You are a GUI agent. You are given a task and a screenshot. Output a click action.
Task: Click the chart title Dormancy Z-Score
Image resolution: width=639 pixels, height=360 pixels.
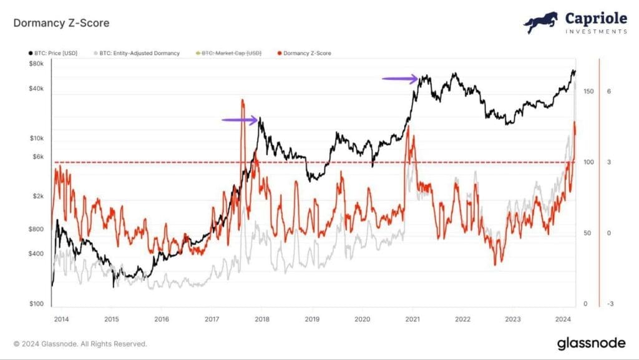click(x=61, y=24)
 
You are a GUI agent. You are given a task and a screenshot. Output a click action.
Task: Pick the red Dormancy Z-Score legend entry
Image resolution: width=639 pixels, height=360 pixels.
click(x=306, y=54)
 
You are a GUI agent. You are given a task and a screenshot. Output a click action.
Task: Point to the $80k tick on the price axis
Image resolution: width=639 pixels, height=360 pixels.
click(x=36, y=64)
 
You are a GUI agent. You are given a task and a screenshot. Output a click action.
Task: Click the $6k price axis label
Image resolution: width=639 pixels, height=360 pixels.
click(x=37, y=157)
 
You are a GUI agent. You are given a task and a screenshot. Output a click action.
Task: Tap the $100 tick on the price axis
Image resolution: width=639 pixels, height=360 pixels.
click(x=36, y=304)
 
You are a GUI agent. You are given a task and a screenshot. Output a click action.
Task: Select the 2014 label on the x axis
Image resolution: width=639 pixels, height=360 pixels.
click(x=61, y=318)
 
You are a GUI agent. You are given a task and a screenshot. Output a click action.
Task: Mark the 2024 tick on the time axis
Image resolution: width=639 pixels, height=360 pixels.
click(x=563, y=318)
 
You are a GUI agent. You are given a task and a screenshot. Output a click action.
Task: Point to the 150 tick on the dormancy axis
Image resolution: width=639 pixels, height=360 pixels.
click(x=587, y=91)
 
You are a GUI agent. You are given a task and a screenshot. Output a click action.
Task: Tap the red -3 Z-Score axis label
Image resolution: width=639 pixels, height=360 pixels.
click(x=610, y=304)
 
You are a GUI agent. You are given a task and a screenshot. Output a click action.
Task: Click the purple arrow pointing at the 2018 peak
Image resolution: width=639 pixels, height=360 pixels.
click(x=240, y=120)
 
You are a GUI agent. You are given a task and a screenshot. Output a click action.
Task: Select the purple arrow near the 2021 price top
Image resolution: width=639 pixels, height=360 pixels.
click(x=400, y=79)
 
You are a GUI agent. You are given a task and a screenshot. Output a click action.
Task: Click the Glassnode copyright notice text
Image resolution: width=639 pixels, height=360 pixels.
click(x=80, y=343)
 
